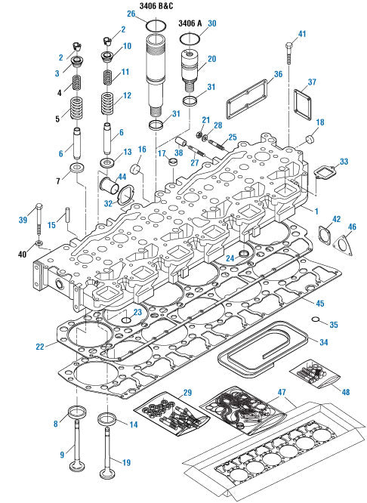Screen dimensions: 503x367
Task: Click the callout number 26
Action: tap(131, 14)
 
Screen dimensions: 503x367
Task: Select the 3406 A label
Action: tap(190, 23)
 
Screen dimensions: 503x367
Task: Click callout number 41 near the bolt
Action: tap(302, 34)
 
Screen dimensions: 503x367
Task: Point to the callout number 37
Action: tap(312, 82)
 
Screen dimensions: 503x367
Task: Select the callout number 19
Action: tap(126, 462)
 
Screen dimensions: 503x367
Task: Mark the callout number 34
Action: tap(323, 342)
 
